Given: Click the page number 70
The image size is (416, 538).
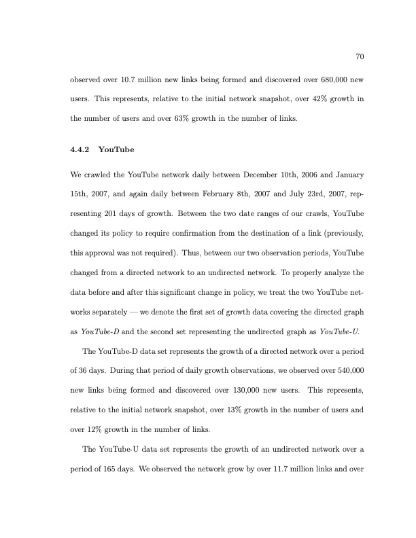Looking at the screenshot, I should point(361,57).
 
